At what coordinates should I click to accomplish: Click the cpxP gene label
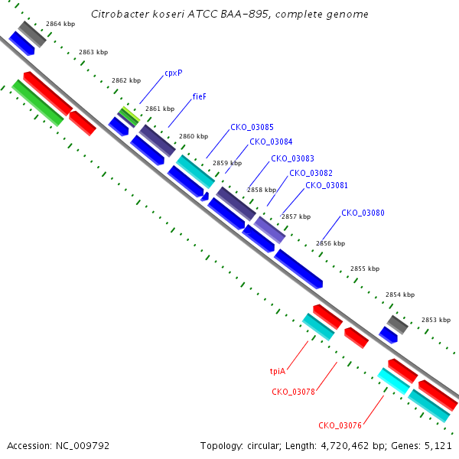tap(174, 73)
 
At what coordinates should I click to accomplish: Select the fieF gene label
tap(200, 96)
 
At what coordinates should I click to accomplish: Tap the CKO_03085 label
tap(252, 127)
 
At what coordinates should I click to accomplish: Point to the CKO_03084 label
tap(271, 142)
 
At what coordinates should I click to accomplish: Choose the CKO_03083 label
tap(292, 158)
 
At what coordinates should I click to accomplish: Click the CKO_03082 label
tap(311, 174)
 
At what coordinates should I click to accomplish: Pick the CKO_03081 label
tap(327, 185)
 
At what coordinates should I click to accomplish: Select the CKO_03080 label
tap(363, 213)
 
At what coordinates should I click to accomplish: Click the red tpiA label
tap(278, 372)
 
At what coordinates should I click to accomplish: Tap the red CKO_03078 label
tap(293, 392)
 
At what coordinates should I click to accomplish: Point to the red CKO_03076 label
tap(340, 425)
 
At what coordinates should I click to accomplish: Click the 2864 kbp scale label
tap(60, 24)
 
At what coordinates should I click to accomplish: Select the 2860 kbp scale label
tap(194, 136)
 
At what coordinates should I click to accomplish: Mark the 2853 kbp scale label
tap(436, 320)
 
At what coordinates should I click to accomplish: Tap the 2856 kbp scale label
tap(330, 243)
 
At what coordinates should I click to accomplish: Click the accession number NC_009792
tap(83, 446)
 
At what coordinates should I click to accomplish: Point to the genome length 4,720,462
tap(345, 446)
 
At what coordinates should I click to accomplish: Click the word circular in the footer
tap(262, 446)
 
